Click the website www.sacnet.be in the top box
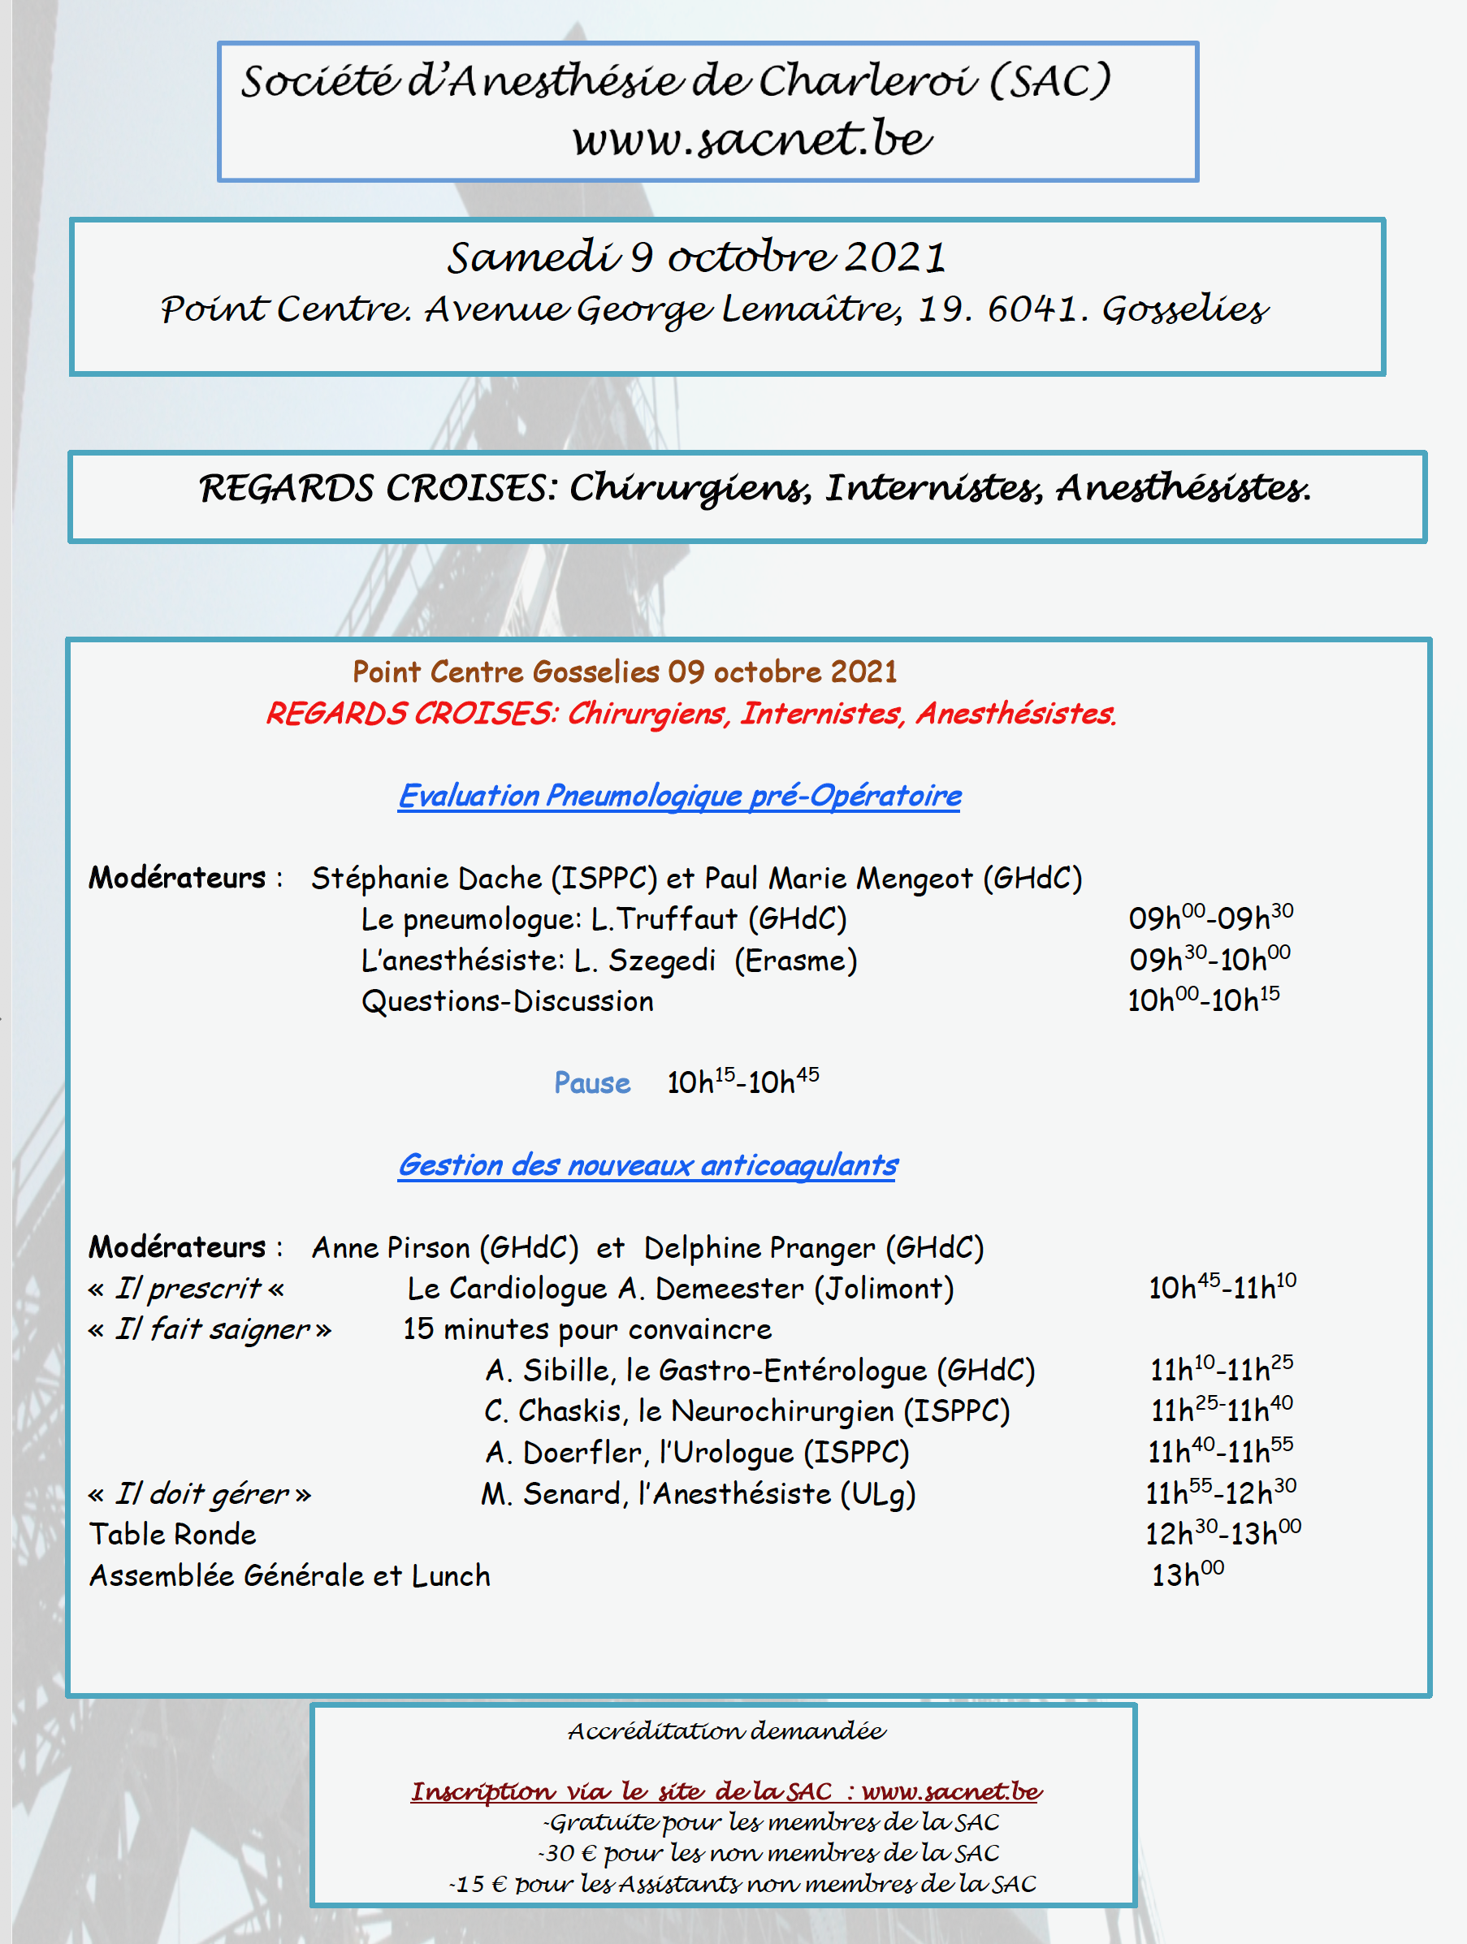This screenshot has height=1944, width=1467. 751,139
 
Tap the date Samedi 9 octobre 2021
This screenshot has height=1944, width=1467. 696,257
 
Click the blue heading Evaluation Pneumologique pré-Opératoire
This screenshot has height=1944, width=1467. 679,795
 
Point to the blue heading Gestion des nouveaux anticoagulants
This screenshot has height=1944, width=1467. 647,1165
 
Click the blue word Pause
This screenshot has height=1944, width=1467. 591,1082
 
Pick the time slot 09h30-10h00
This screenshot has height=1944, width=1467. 1210,959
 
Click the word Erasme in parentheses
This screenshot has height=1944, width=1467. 795,961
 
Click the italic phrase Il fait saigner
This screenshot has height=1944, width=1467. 212,1329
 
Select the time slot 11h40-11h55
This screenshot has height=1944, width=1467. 1220,1452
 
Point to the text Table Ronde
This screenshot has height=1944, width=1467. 172,1535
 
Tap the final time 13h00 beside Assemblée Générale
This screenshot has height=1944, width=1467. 1188,1575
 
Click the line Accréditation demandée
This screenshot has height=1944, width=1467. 726,1731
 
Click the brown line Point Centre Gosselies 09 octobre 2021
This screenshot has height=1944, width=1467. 624,672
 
